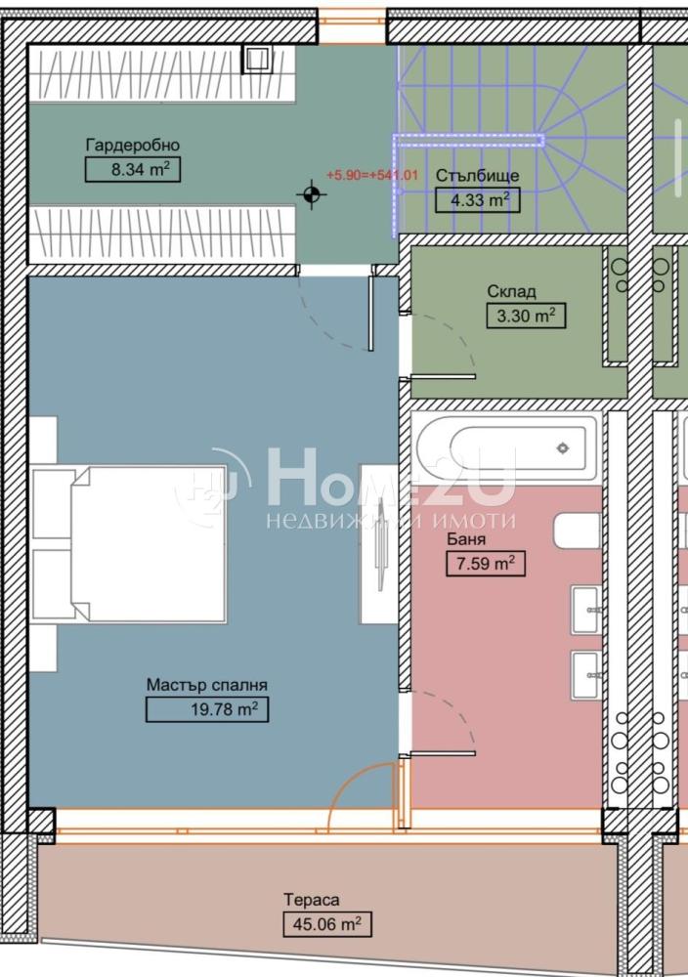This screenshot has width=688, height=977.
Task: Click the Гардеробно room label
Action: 133,146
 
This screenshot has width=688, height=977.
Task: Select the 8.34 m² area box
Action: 133,169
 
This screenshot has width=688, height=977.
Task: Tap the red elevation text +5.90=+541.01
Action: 372,175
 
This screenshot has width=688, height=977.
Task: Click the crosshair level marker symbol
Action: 312,195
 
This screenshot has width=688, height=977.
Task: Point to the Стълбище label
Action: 477,176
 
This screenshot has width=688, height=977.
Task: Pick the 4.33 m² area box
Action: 477,200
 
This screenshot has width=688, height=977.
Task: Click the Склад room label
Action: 511,291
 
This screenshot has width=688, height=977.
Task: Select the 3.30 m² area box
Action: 526,316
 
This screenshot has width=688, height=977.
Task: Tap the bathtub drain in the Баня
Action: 563,447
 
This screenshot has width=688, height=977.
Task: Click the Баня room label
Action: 466,539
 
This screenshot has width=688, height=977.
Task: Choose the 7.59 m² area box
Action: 486,564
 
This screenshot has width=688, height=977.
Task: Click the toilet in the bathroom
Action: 577,531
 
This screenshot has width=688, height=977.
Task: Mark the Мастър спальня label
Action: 207,685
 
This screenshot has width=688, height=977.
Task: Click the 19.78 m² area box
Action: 207,709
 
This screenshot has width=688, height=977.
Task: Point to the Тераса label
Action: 312,900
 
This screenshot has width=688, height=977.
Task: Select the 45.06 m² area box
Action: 327,924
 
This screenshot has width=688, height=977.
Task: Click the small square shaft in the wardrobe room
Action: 257,60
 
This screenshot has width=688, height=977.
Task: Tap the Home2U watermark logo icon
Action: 212,486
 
